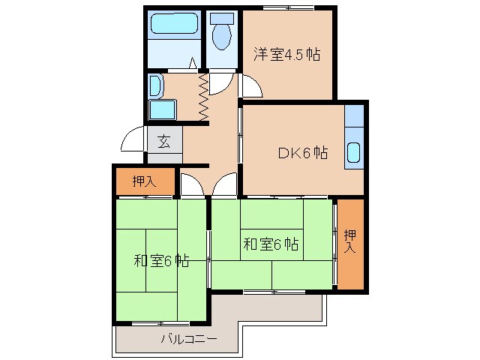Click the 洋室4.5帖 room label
click(x=286, y=54)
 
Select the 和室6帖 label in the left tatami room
click(x=160, y=261)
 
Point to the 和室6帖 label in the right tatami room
click(x=271, y=244)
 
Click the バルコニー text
click(x=188, y=339)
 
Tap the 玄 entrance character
click(x=163, y=141)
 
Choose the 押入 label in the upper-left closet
click(x=144, y=181)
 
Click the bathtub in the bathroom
click(x=173, y=25)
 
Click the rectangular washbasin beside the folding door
click(x=162, y=110)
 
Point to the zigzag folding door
click(x=202, y=95)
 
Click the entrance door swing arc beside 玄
click(x=133, y=139)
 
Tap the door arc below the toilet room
click(x=222, y=82)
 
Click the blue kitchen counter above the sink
click(x=354, y=116)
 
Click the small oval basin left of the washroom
click(x=155, y=85)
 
